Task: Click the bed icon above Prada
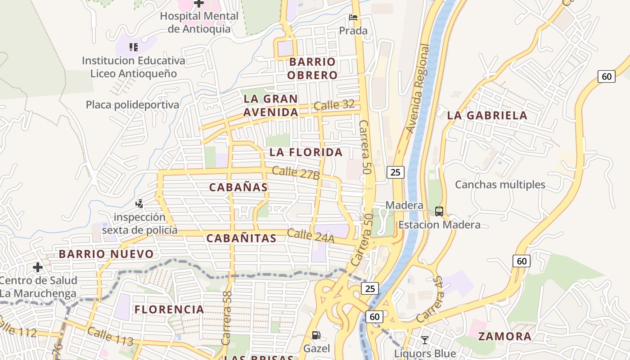coord(353,18)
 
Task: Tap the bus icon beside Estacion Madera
coord(439,211)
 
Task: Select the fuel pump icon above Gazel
coord(316,335)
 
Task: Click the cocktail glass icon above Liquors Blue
coord(425,340)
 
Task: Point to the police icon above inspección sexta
coord(139,203)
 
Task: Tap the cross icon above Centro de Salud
coord(38,268)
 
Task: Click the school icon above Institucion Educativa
coord(133,47)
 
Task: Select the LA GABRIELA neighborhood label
coord(487,116)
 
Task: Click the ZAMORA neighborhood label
coord(504,337)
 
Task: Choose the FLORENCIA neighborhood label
coord(169,310)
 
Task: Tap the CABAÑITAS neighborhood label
coord(241,238)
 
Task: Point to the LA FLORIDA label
coord(306,153)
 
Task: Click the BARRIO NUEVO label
coord(106,254)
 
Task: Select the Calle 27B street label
coord(296,173)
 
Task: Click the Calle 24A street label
coord(310,236)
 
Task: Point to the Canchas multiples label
coord(500,184)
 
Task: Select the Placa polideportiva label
coord(132,105)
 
